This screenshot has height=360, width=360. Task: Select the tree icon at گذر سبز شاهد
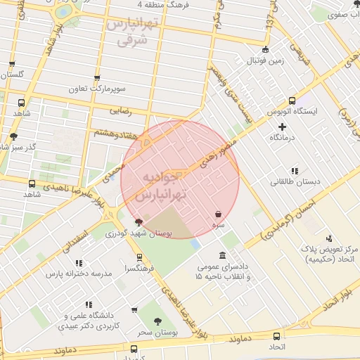(x=14, y=136)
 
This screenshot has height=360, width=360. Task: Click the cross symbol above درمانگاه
(x=283, y=127)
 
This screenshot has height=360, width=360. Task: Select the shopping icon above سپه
(x=219, y=213)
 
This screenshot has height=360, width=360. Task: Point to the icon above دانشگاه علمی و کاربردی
(x=89, y=304)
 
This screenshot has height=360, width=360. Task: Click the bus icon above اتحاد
(x=276, y=336)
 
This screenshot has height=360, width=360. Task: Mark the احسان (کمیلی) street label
(x=289, y=214)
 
